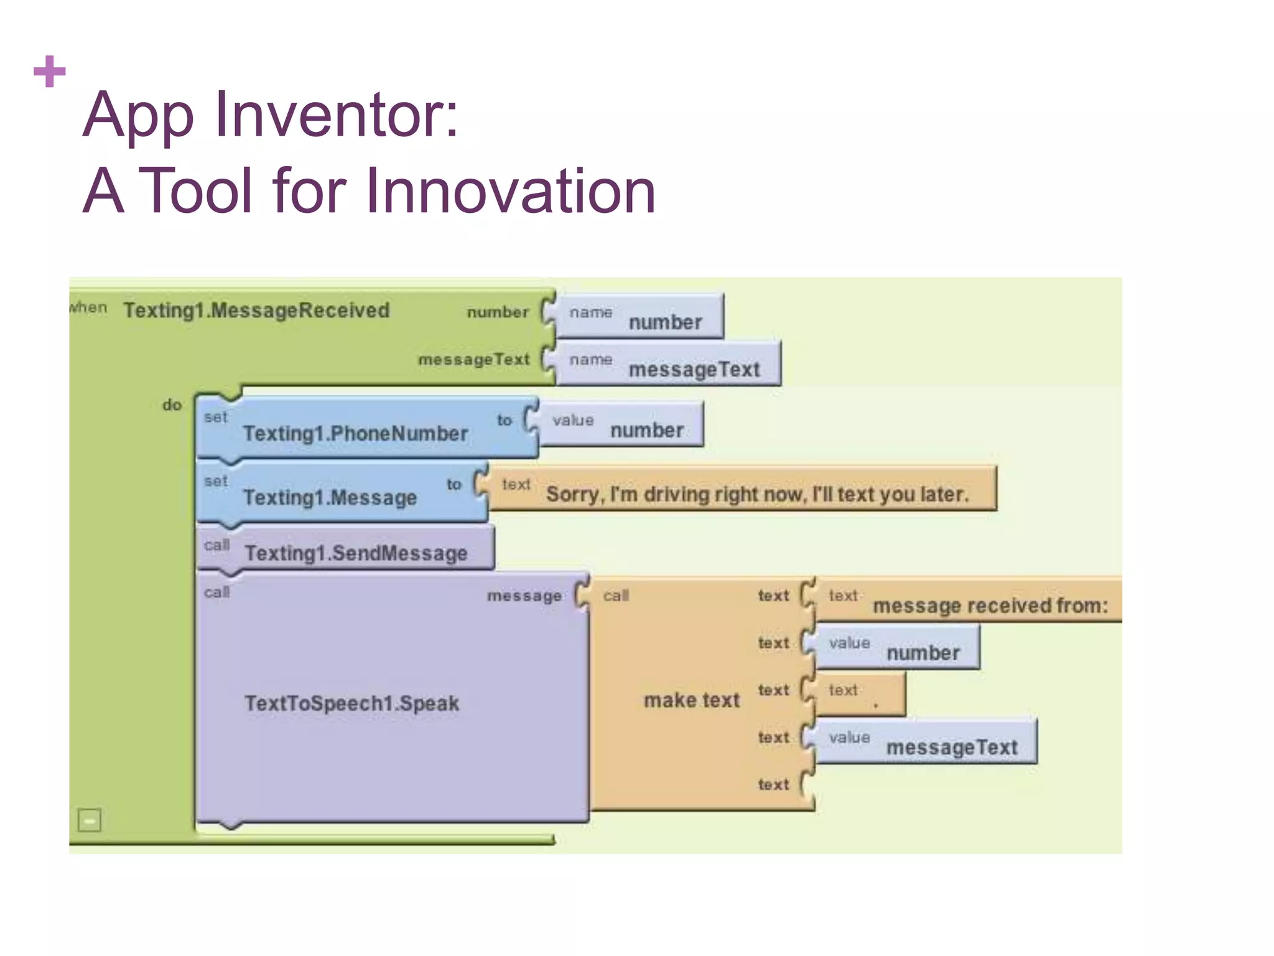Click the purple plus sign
click(49, 72)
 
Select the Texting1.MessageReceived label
click(256, 310)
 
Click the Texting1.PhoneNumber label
click(355, 433)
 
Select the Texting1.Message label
click(330, 497)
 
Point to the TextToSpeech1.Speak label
click(351, 703)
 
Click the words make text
click(692, 700)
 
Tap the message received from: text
click(989, 605)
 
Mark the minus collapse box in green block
click(90, 820)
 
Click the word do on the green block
click(172, 405)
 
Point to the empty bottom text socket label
click(773, 785)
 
